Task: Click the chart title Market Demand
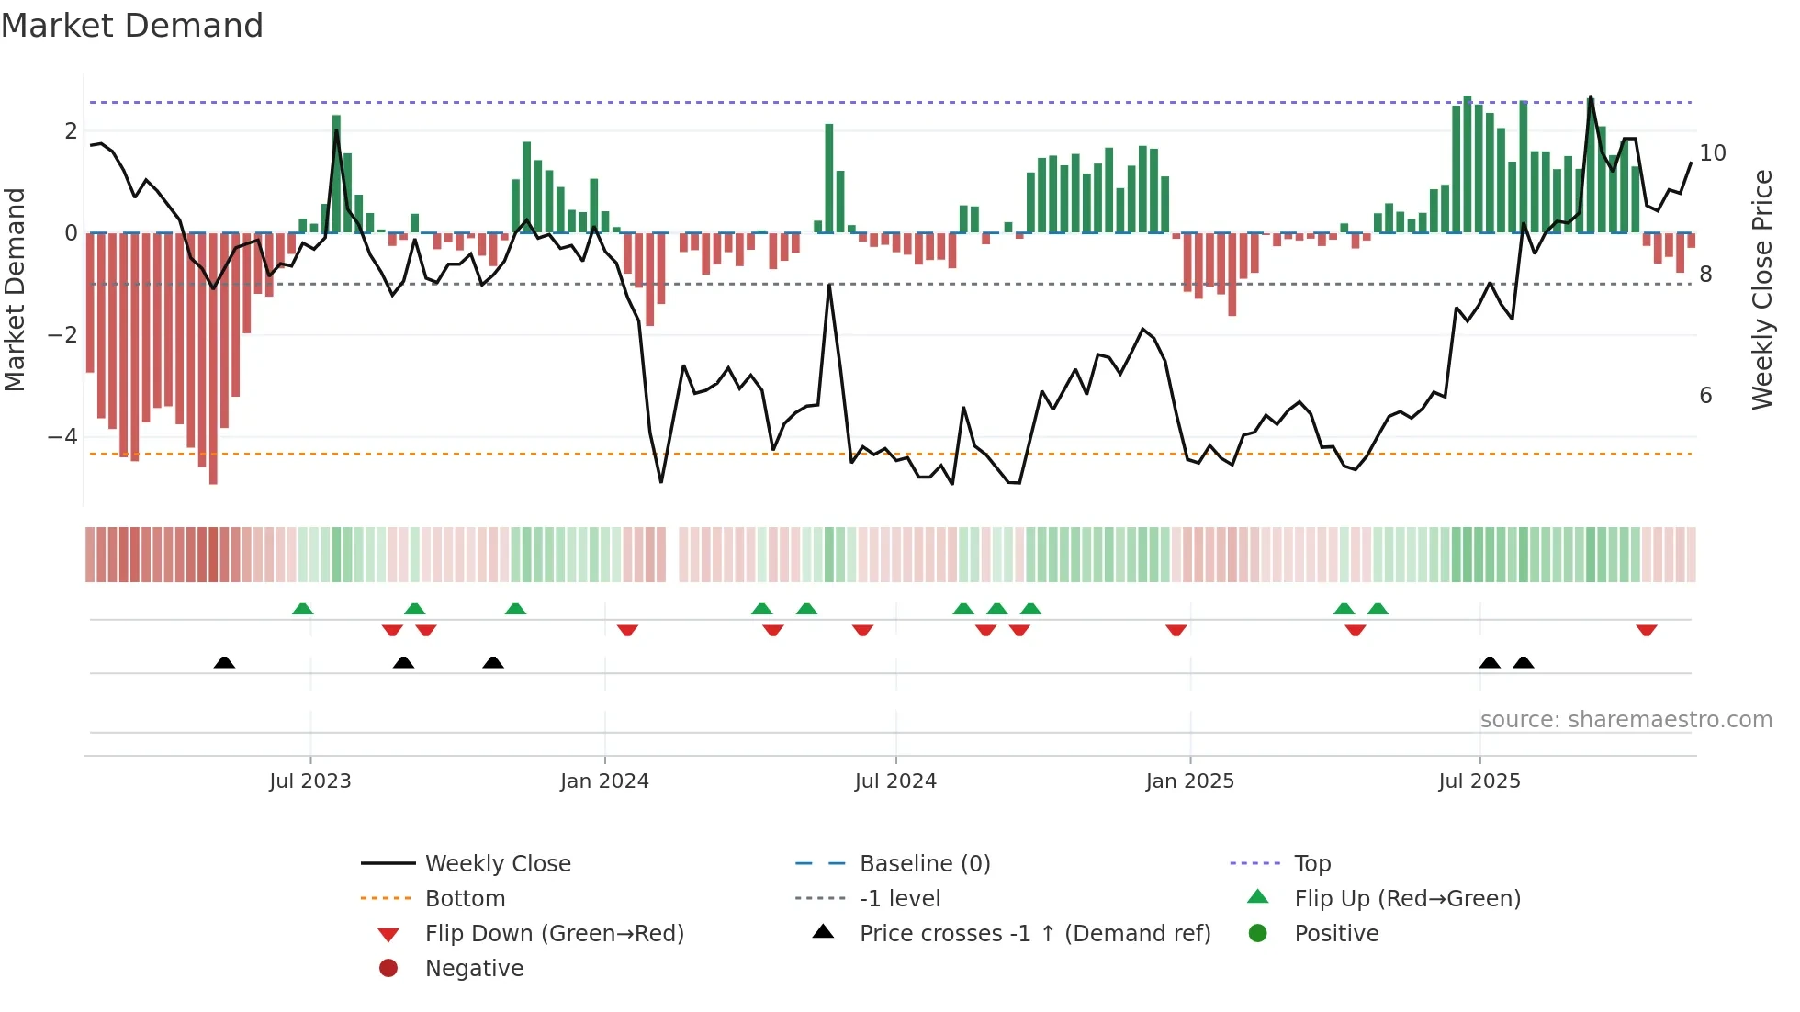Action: pyautogui.click(x=132, y=26)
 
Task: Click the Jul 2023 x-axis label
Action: pyautogui.click(x=310, y=781)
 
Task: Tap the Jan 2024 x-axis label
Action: pyautogui.click(x=604, y=781)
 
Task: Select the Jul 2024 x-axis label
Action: pyautogui.click(x=895, y=781)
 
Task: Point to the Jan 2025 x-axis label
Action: pyautogui.click(x=1190, y=781)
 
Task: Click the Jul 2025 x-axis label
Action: pyautogui.click(x=1479, y=781)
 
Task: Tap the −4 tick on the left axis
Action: pyautogui.click(x=62, y=437)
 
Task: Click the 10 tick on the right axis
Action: pyautogui.click(x=1713, y=153)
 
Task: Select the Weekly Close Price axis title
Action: pyautogui.click(x=1762, y=289)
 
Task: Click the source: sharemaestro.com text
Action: pyautogui.click(x=1626, y=720)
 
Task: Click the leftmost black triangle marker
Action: pyautogui.click(x=224, y=662)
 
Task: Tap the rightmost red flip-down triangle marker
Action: pyautogui.click(x=1647, y=630)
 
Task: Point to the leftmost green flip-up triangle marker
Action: pyautogui.click(x=303, y=609)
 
